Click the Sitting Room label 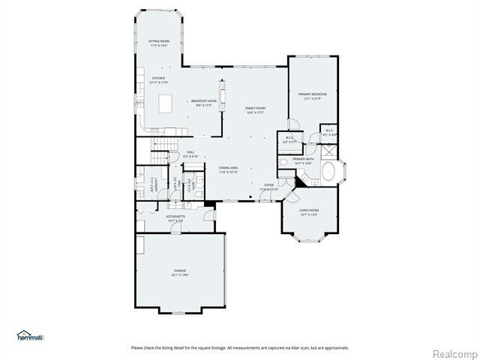(x=158, y=43)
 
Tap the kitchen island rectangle (x=164, y=103)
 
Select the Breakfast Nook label (x=203, y=103)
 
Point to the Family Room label (x=255, y=110)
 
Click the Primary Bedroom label (x=312, y=96)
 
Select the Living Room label (x=309, y=211)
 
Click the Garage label (x=180, y=272)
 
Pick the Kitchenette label (x=177, y=218)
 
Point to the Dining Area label (x=229, y=169)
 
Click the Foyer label (x=268, y=187)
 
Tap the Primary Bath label (x=304, y=160)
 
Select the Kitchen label (x=158, y=79)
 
